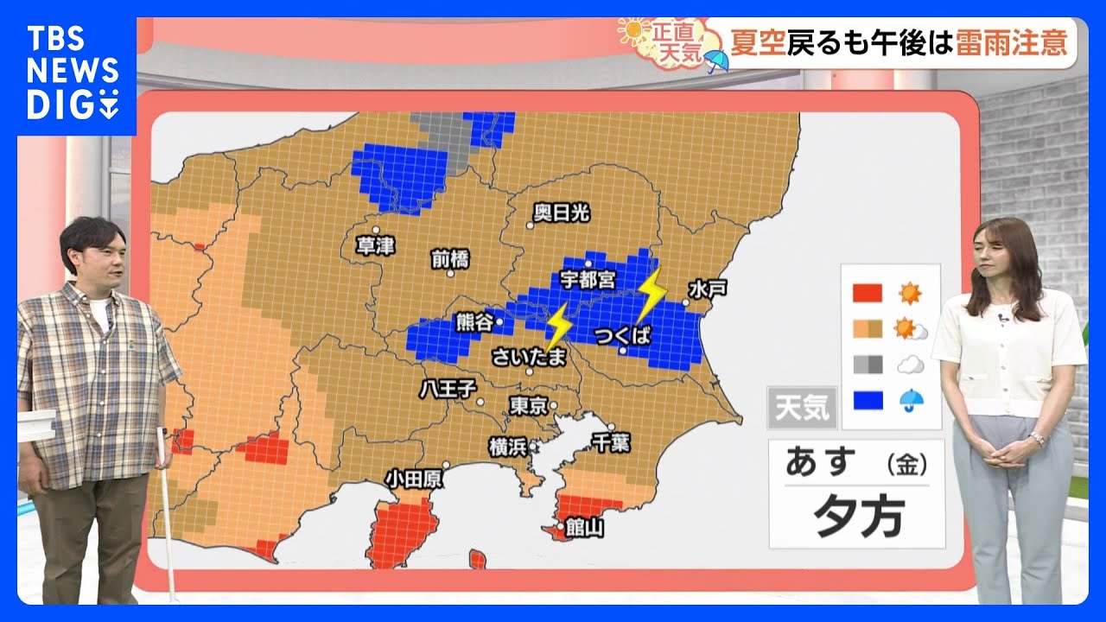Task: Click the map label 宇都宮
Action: pos(588,279)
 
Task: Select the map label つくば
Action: pos(623,335)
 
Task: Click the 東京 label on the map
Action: pos(528,404)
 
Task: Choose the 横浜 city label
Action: pos(508,447)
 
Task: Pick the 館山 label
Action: pos(586,527)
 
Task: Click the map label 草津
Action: pos(375,246)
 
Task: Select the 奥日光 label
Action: pos(562,213)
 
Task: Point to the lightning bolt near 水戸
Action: pos(652,294)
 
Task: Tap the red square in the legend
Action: pos(867,294)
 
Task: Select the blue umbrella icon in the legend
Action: pos(910,399)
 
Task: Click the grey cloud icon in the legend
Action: pos(910,365)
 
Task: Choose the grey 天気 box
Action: pos(802,408)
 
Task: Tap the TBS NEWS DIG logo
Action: pos(73,73)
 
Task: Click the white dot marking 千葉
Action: pos(610,427)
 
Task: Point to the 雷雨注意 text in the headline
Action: pos(1011,41)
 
